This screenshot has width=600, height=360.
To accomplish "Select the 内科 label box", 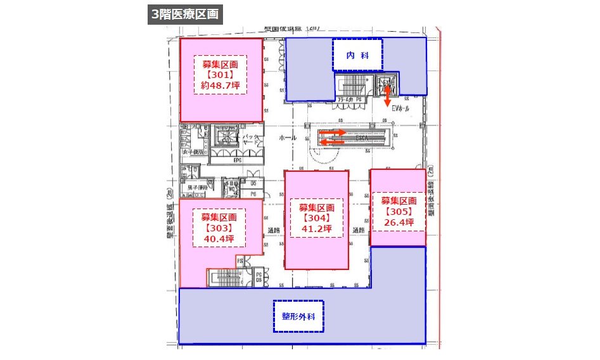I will pos(357,56).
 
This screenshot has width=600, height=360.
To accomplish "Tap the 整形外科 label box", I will pos(298,316).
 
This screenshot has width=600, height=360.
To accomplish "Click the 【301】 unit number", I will pos(220,75).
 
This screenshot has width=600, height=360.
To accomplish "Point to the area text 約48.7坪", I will pos(220,85).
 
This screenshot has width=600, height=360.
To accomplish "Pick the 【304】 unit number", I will pos(316,218).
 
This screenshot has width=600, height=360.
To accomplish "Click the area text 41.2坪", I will pos(316,228).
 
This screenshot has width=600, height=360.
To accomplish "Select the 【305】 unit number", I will pos(397,212).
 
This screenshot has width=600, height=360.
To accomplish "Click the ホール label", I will pos(288,138).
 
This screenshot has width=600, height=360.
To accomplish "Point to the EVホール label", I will pos(401,109).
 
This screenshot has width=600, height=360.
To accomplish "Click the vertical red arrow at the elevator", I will pos(387,96).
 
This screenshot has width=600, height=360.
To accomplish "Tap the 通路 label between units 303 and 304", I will pos(274,231).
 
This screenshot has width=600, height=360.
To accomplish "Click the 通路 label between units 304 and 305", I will pos(359,229).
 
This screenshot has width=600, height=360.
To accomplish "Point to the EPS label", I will pos(238,160).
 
